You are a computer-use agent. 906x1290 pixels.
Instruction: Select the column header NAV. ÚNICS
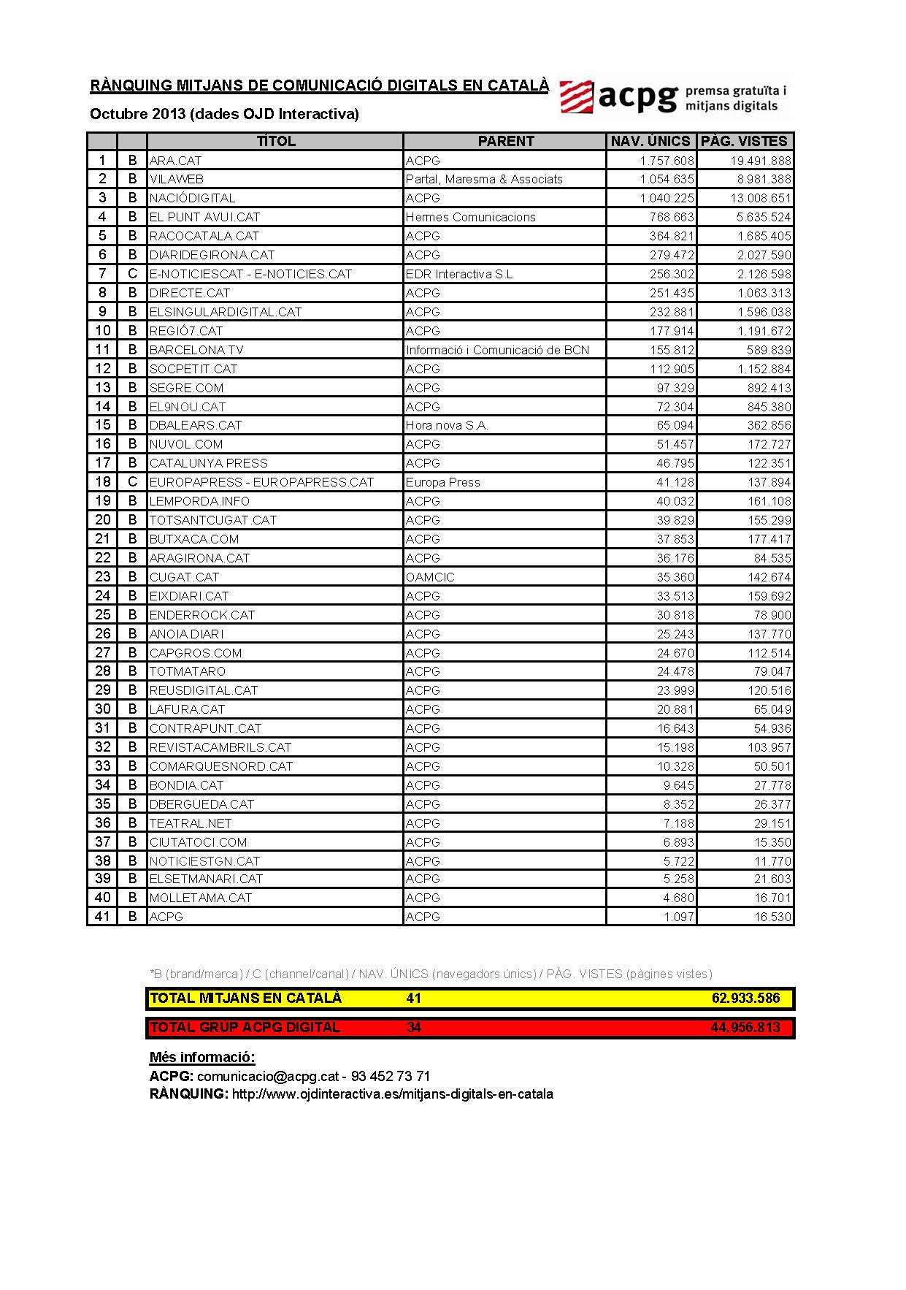point(650,141)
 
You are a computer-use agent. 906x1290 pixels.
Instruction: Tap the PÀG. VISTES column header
point(744,141)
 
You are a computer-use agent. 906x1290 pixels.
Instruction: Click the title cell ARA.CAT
point(175,161)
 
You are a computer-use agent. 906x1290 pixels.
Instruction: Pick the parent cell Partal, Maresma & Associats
point(484,179)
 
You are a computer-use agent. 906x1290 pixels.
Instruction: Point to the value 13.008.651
point(761,198)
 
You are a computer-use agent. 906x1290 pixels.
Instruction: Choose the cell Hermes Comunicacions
point(470,217)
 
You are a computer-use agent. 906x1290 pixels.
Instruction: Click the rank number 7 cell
point(102,274)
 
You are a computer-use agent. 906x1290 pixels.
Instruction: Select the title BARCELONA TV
point(196,350)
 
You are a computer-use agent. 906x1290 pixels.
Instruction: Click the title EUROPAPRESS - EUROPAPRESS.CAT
point(261,482)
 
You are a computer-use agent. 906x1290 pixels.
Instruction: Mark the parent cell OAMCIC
point(430,577)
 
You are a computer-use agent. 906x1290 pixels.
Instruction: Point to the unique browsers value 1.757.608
point(667,161)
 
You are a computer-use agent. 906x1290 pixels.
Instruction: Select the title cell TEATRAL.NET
point(191,823)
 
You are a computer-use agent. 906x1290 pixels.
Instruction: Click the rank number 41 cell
point(102,917)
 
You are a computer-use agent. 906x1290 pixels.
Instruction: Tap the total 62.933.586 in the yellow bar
point(745,999)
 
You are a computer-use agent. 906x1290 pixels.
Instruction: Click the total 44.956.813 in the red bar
point(745,1028)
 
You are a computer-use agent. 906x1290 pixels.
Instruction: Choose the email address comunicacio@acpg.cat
point(268,1076)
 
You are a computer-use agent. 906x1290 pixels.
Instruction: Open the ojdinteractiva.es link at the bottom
point(392,1094)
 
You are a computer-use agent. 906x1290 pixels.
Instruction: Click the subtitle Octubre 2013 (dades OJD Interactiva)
point(224,114)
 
